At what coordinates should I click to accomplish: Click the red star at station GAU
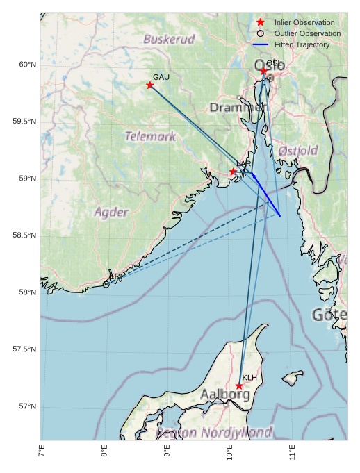(150, 85)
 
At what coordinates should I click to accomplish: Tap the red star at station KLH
(239, 386)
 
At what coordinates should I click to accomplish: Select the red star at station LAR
(234, 172)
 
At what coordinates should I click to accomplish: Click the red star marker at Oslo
(263, 71)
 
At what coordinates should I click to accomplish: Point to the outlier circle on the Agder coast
(106, 284)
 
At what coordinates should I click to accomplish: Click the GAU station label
(161, 76)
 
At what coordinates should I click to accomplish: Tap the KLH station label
(249, 377)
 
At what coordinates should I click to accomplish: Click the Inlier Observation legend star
(261, 22)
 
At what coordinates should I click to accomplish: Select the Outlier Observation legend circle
(261, 33)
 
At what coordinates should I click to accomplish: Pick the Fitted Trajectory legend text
(302, 44)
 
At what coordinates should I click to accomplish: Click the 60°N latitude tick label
(26, 65)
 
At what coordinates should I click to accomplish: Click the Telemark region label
(150, 136)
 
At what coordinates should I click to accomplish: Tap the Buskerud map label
(169, 40)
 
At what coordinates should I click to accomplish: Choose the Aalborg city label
(224, 395)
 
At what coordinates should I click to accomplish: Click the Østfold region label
(297, 151)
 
